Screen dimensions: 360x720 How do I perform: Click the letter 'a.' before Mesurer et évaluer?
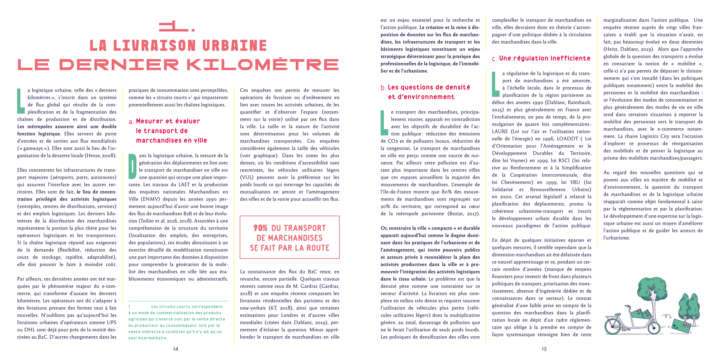(131, 122)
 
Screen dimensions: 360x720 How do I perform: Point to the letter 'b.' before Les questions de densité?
(383, 88)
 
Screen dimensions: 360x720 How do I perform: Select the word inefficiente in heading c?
(570, 58)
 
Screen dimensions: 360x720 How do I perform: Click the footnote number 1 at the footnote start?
(129, 307)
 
